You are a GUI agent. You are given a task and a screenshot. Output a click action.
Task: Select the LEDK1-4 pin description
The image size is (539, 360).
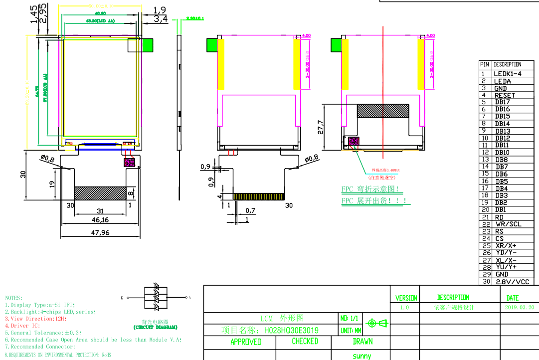(x=507, y=74)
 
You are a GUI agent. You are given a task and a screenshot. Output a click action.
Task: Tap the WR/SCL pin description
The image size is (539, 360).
(x=508, y=224)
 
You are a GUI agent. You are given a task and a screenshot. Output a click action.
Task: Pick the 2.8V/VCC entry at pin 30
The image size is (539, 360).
(x=512, y=282)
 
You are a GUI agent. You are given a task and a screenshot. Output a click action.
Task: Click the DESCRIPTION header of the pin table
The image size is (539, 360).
(x=507, y=64)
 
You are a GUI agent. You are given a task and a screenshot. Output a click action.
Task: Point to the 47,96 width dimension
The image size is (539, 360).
(x=100, y=233)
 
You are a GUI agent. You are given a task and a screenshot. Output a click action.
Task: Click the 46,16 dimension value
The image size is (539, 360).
(x=100, y=220)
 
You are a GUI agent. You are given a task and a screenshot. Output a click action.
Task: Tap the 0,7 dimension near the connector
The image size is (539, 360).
(x=250, y=211)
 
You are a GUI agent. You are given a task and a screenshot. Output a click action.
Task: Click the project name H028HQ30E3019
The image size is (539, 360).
(x=291, y=330)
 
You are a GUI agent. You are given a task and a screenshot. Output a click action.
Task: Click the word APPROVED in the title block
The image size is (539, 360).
(x=245, y=342)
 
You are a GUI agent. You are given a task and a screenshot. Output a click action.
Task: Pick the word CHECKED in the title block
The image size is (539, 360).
(x=305, y=341)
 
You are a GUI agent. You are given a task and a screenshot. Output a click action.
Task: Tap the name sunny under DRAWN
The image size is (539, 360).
(x=361, y=356)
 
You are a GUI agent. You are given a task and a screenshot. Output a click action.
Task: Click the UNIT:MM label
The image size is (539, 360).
(x=351, y=330)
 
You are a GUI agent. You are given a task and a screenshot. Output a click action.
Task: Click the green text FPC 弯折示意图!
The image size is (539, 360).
(x=370, y=189)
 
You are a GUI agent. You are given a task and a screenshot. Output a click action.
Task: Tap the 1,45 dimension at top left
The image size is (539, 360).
(x=33, y=14)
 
